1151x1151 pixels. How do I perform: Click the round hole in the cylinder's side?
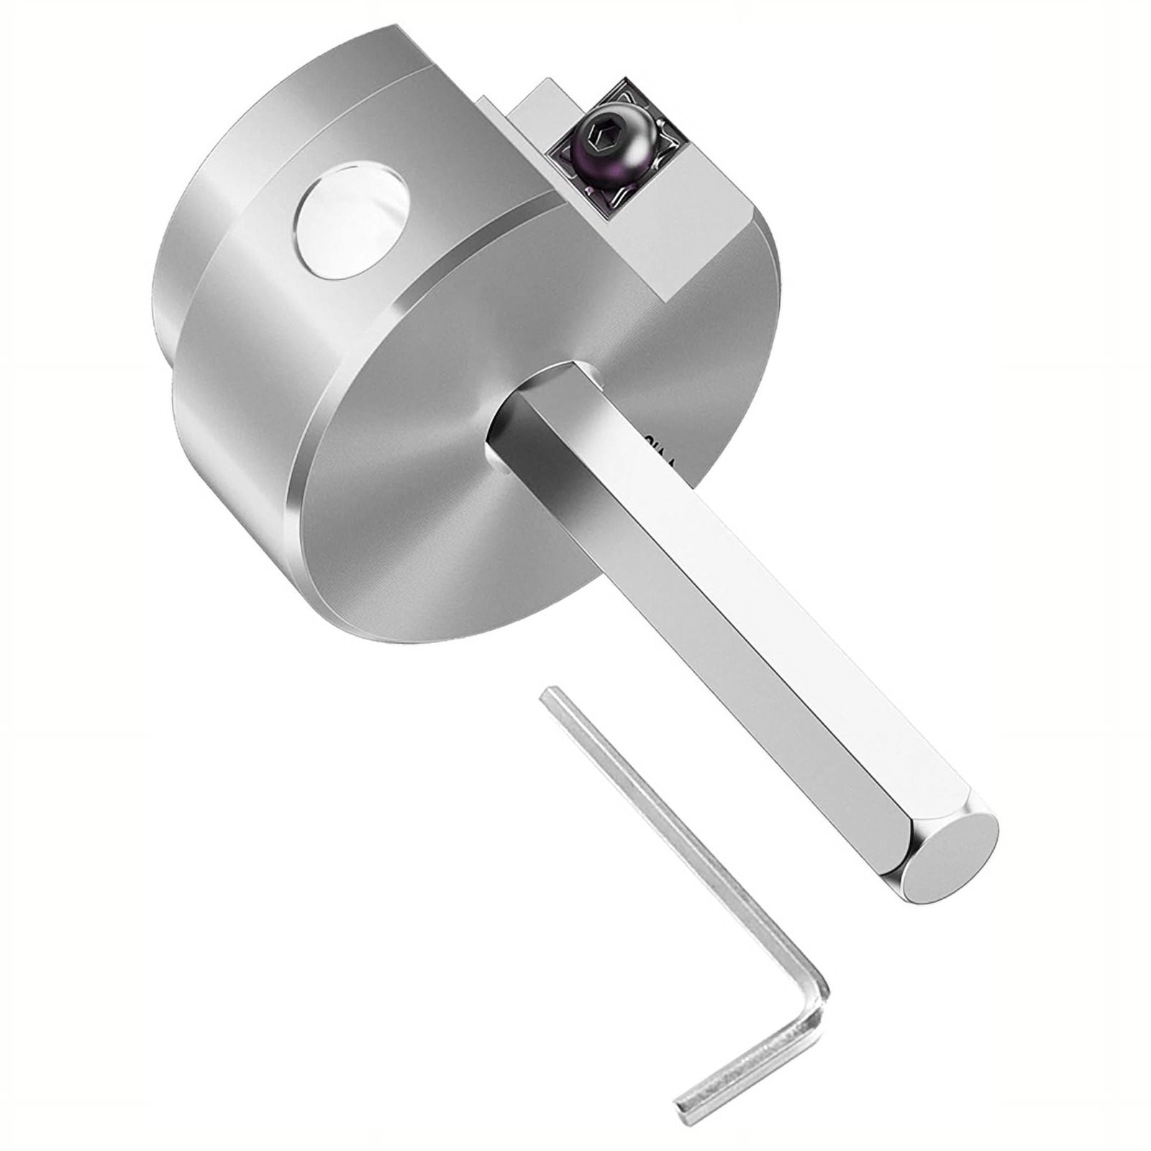click(x=352, y=221)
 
